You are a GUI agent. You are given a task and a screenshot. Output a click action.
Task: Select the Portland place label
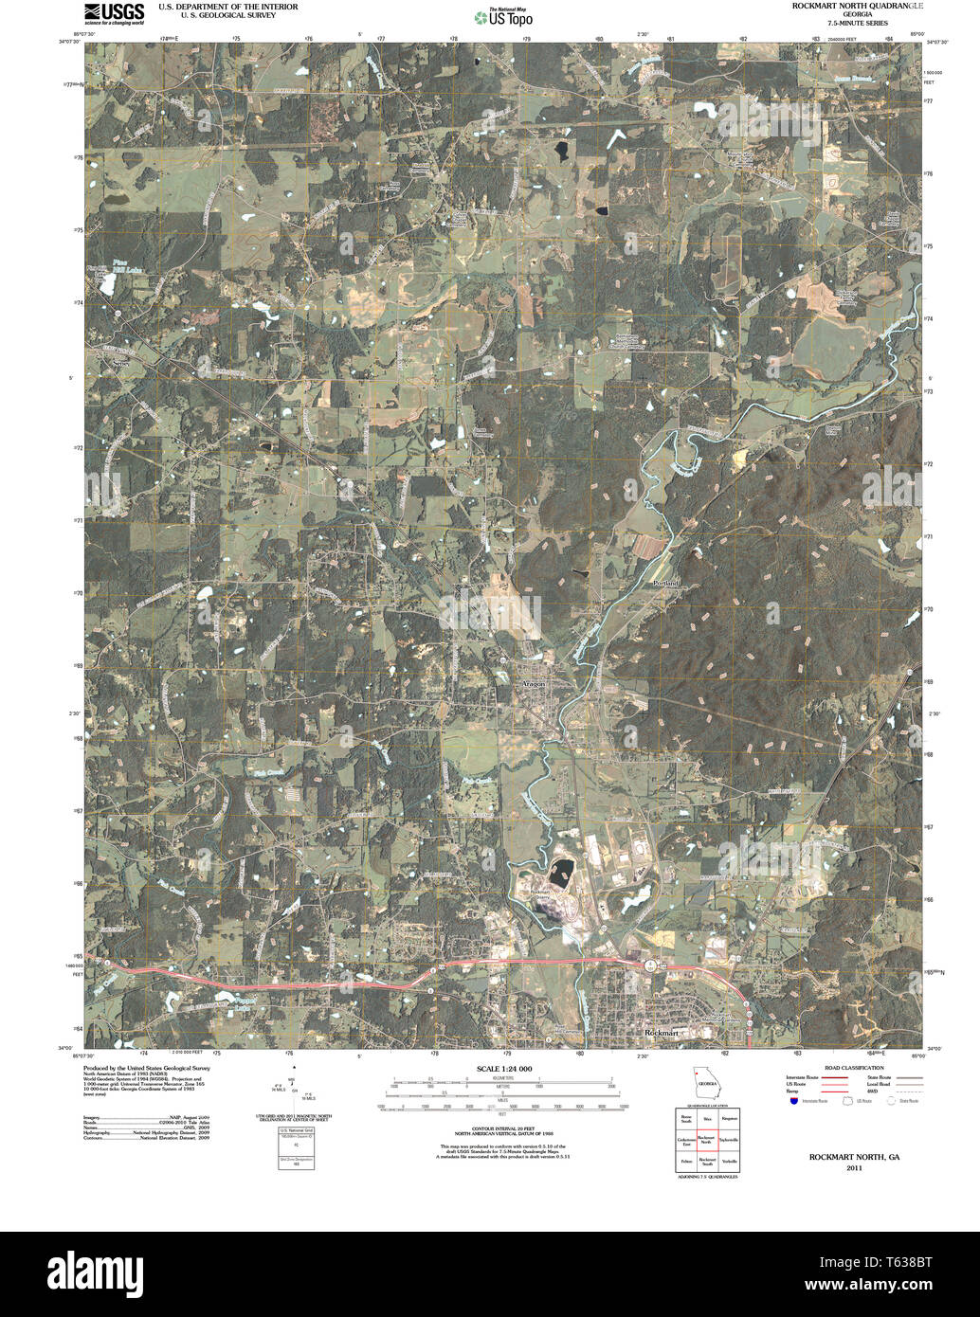coord(666,583)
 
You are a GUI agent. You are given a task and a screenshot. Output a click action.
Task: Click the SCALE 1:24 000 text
coord(504,1069)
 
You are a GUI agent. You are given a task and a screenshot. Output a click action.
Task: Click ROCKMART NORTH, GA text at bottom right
coord(848,1157)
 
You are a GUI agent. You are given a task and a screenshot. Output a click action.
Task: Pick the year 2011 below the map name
coord(848,1167)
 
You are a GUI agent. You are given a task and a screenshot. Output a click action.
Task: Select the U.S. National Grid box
coord(296,1148)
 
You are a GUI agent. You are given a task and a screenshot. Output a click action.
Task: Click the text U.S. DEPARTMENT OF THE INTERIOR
coord(227,7)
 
